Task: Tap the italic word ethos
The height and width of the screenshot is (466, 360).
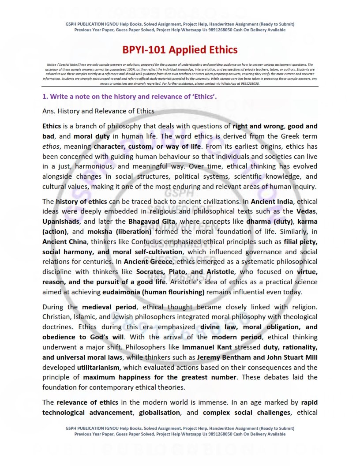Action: (x=51, y=146)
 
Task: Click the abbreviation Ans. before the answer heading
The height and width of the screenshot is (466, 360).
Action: (x=49, y=111)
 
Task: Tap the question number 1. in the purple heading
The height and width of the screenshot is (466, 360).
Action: (x=45, y=96)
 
